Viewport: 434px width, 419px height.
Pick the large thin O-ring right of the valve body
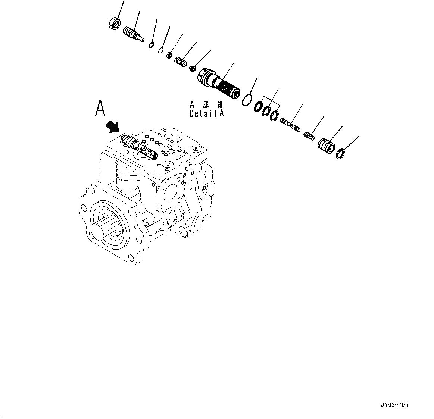click(246, 100)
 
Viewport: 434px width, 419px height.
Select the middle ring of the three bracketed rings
click(266, 111)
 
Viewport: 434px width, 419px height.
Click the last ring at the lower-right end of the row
click(340, 153)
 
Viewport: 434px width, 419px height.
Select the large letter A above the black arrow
click(100, 109)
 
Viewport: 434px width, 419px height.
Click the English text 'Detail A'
click(206, 113)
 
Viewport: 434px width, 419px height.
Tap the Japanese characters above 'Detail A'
click(206, 105)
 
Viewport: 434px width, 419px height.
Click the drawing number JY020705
click(394, 404)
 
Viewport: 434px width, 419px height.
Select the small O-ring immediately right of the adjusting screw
click(151, 46)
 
